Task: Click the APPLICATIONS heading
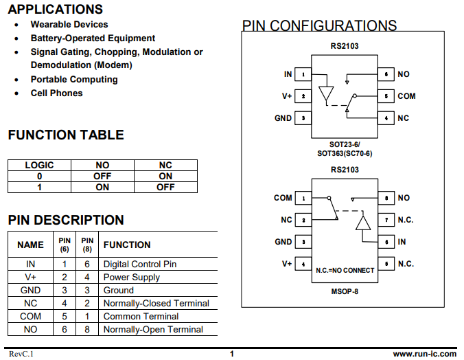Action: click(x=56, y=9)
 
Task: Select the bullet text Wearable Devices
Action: click(x=69, y=24)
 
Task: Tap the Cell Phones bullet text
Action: click(x=56, y=93)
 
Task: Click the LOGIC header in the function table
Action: click(x=39, y=165)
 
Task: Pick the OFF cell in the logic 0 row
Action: click(x=102, y=177)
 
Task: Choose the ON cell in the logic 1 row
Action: click(x=102, y=188)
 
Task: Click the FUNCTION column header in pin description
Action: click(x=127, y=245)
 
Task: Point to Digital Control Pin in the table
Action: click(x=140, y=264)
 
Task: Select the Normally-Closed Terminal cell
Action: click(x=156, y=303)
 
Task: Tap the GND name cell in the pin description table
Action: click(x=30, y=290)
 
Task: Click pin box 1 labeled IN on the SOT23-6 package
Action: click(x=303, y=74)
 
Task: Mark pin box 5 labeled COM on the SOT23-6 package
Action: click(x=386, y=96)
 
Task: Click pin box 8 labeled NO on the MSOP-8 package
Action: click(x=386, y=198)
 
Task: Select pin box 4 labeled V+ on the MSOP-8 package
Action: click(x=303, y=264)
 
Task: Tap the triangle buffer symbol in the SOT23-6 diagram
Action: click(x=326, y=93)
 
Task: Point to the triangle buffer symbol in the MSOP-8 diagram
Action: click(x=363, y=223)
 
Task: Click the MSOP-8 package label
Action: click(x=345, y=291)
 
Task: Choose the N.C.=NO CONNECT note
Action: click(x=345, y=271)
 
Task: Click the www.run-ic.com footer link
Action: click(x=425, y=354)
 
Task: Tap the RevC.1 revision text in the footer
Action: click(x=21, y=354)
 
